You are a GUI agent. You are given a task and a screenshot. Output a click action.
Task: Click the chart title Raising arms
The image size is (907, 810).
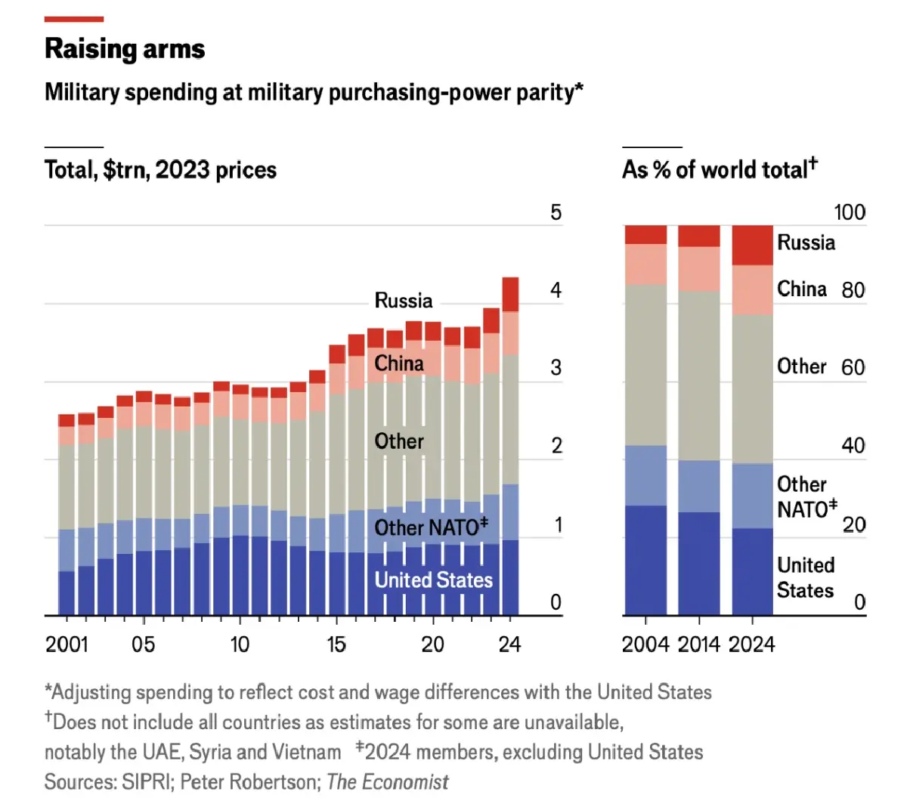tap(125, 49)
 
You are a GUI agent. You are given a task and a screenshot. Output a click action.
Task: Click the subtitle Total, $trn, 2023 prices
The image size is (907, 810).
tap(160, 169)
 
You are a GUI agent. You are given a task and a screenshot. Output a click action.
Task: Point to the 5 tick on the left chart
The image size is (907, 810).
tap(556, 212)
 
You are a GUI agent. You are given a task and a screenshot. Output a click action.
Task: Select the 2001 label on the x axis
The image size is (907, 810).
tap(67, 645)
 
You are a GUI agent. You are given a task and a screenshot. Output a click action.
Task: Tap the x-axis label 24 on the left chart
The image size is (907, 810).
tap(510, 645)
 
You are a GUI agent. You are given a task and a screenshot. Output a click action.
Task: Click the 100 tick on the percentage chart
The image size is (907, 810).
tap(849, 212)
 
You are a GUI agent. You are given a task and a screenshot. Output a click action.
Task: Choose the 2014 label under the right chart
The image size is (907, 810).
tap(699, 645)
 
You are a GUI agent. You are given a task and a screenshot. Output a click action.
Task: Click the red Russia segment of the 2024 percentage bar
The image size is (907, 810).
tap(753, 246)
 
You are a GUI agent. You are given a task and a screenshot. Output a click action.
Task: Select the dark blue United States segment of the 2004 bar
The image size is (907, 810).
tap(645, 559)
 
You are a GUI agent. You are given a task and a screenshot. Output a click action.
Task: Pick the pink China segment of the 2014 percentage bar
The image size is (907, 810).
tap(699, 269)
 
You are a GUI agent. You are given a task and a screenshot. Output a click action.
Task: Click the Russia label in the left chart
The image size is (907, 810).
tap(404, 301)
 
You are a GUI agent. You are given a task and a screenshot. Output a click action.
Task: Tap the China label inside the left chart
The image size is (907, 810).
tap(399, 363)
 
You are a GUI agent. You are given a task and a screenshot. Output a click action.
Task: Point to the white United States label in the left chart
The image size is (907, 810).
tap(434, 580)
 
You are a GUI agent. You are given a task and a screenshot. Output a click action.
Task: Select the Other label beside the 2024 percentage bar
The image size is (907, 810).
tap(801, 366)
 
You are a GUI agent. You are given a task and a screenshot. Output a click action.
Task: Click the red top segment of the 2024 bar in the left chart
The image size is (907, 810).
tap(510, 295)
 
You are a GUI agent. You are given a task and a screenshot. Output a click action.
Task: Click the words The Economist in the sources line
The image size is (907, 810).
tap(388, 782)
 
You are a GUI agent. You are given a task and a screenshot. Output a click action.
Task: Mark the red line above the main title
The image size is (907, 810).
tap(74, 19)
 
